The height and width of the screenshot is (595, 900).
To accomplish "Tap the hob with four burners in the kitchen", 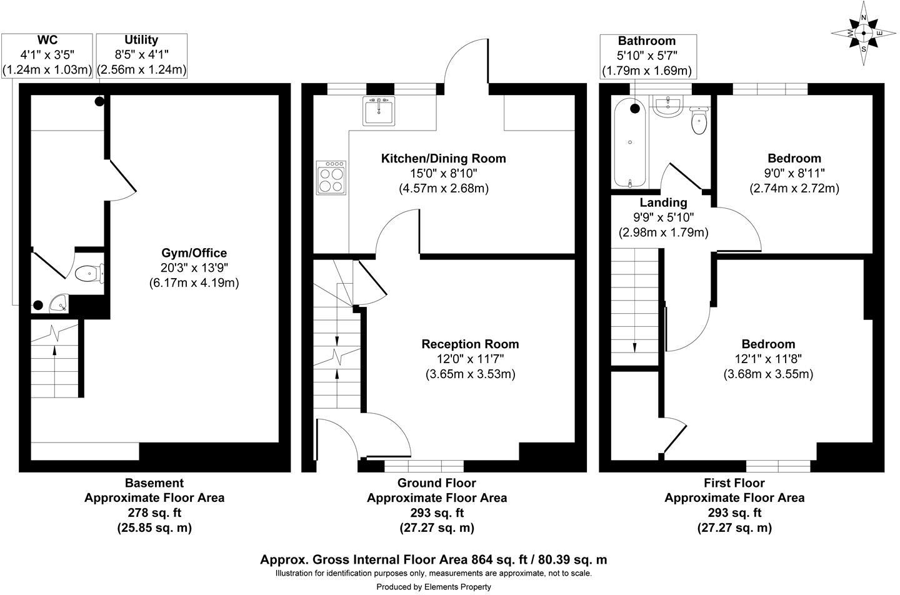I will (331, 177).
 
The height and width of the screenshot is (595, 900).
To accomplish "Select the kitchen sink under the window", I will (379, 111).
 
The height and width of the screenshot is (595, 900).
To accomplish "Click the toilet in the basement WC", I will (88, 273).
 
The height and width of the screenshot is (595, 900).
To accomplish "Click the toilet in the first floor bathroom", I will (699, 121).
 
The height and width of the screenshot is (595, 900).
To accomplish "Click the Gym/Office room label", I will (194, 253).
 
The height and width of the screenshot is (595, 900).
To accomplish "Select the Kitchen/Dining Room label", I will (443, 159).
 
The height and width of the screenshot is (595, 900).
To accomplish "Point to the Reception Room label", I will (470, 344).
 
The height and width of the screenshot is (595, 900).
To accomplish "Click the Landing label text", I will (663, 202).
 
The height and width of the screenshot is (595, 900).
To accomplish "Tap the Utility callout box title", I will (141, 40).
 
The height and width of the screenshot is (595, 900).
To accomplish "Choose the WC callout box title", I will (47, 40).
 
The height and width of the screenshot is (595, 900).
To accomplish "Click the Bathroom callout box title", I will (646, 41).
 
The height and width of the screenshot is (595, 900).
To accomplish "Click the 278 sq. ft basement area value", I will (154, 513).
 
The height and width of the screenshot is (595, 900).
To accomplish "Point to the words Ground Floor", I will (436, 483).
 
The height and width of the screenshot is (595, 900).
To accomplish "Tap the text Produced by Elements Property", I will (434, 587).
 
